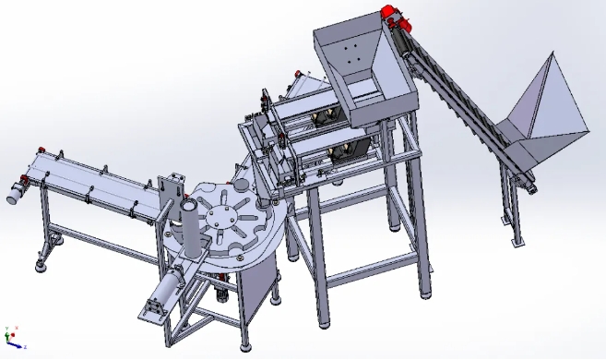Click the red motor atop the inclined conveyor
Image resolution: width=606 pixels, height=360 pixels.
(391, 14)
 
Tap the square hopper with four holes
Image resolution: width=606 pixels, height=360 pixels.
(350, 55)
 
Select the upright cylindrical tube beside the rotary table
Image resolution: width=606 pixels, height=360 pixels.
(187, 226)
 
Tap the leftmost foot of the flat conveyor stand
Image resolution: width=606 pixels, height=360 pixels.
(42, 267)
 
